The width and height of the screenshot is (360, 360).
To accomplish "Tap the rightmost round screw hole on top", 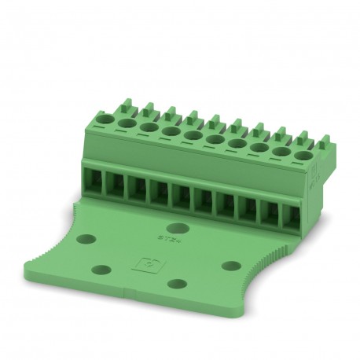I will click(301, 141).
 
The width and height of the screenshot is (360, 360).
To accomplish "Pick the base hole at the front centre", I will click(178, 284).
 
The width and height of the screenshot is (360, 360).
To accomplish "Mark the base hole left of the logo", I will click(100, 269).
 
